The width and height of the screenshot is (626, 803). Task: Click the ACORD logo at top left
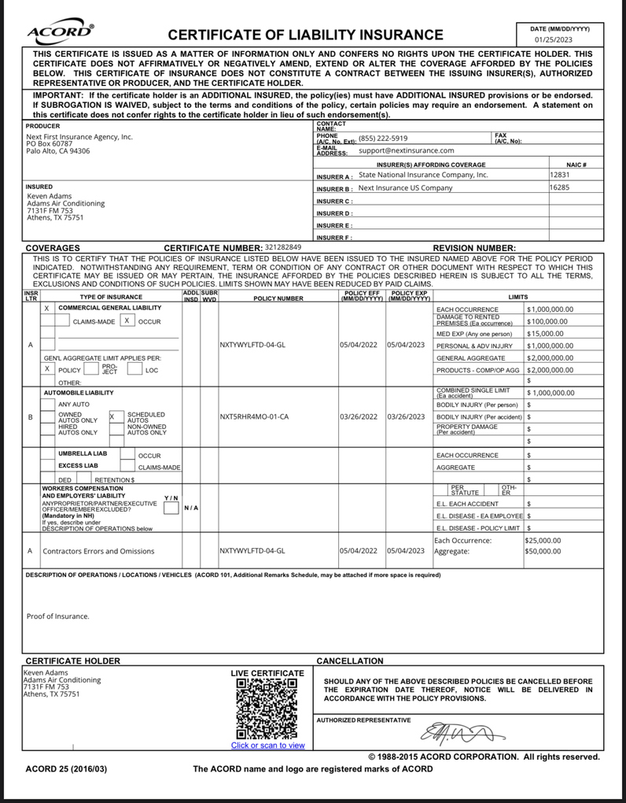tap(61, 32)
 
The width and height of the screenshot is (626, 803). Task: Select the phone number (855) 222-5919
tap(383, 138)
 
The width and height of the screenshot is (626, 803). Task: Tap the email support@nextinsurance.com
tap(407, 150)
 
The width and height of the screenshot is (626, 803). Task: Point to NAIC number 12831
tap(559, 176)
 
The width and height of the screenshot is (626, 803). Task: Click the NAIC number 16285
tap(559, 188)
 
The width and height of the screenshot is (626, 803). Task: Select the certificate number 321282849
tap(283, 247)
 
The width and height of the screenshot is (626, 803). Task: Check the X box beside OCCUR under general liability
tap(127, 321)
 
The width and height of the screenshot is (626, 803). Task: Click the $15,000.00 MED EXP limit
tap(546, 334)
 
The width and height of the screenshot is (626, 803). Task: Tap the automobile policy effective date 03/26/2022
tap(362, 416)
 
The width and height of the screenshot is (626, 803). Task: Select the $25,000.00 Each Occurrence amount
tap(543, 541)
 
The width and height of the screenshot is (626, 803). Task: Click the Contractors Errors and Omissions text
tap(98, 551)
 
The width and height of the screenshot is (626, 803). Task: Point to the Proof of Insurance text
tap(58, 616)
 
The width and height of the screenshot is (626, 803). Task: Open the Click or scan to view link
tap(267, 745)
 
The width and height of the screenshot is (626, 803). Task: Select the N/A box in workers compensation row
tap(190, 508)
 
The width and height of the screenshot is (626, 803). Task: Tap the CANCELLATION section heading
tap(349, 661)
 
